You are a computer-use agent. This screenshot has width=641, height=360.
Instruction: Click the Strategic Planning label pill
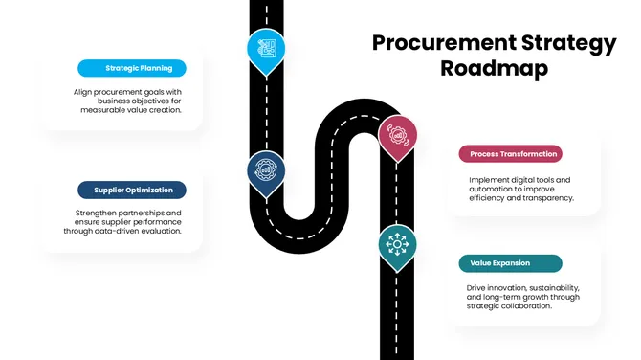click(x=132, y=68)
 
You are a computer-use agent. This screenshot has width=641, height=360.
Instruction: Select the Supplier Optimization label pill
click(x=132, y=190)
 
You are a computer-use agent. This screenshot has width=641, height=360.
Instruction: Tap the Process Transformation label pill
click(x=509, y=153)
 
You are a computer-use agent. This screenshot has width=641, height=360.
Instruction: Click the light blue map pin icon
click(x=264, y=49)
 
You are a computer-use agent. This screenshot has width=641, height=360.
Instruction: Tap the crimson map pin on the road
click(x=396, y=135)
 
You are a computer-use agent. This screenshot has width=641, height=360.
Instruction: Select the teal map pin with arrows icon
click(x=395, y=244)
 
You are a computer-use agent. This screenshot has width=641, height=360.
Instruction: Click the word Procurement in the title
click(x=431, y=43)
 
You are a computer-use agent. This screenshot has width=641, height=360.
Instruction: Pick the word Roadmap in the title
click(x=494, y=69)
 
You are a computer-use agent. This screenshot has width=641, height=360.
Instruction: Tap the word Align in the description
click(x=83, y=93)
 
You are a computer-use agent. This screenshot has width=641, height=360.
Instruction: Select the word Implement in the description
click(x=490, y=179)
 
